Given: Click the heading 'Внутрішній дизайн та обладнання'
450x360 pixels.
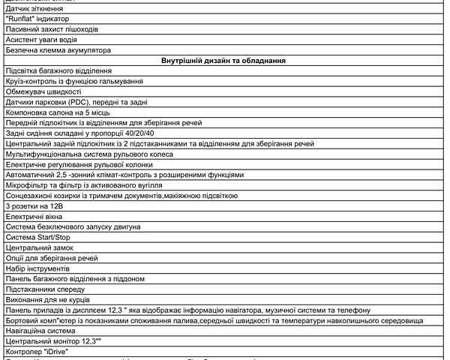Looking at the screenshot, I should point(225,60).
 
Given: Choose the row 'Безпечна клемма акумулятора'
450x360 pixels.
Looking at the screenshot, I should point(58,50).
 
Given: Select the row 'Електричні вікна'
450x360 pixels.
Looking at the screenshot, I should point(37,216).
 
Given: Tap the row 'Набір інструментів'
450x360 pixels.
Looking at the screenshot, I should point(37,268).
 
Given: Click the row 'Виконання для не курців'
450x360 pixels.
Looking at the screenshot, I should point(49,299).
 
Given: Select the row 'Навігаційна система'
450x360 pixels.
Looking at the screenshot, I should point(44,330).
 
